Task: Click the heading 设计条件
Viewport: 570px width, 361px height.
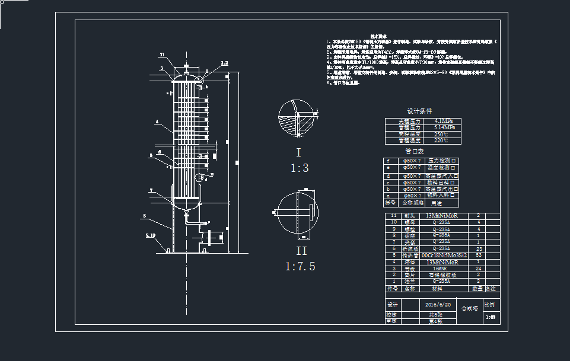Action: tap(419, 111)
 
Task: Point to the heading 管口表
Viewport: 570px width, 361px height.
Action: tap(419, 152)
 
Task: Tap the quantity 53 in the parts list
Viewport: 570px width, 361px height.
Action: tap(478, 255)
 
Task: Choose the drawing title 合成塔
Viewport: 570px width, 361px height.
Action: tap(469, 309)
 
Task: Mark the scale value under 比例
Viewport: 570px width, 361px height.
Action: tap(490, 318)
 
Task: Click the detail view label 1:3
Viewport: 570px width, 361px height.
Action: tap(299, 168)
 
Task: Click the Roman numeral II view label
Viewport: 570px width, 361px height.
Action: tap(299, 250)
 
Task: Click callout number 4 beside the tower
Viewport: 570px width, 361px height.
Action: tap(157, 122)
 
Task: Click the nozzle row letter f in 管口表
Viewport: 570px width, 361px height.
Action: tap(389, 161)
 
